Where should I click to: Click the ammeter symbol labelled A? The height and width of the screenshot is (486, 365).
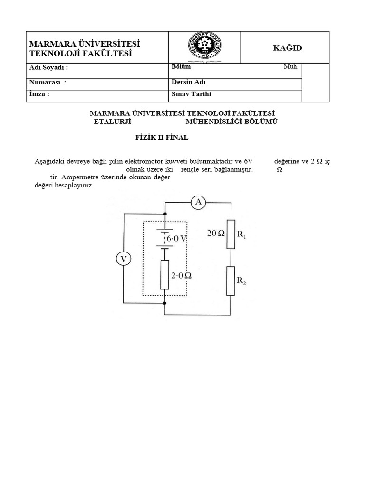(199, 203)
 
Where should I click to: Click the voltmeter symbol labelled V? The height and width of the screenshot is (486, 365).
(124, 259)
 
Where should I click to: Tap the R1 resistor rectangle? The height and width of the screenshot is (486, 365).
(231, 234)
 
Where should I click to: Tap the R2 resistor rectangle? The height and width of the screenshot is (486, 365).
(231, 281)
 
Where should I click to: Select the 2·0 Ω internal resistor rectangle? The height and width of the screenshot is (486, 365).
(164, 274)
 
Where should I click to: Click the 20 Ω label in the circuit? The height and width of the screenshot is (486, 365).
(215, 233)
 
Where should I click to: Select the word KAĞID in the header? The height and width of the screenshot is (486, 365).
(287, 48)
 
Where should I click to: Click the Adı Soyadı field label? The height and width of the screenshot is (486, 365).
(48, 67)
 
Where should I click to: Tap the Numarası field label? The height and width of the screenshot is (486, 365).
(48, 83)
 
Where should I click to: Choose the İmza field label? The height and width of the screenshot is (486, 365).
(39, 94)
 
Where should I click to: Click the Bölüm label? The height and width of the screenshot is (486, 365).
(181, 67)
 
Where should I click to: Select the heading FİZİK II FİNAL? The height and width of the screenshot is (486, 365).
(160, 138)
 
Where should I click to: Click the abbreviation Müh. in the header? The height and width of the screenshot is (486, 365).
(291, 67)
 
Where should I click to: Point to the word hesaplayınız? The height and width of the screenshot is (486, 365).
(74, 186)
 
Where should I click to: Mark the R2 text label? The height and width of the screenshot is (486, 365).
(241, 280)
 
